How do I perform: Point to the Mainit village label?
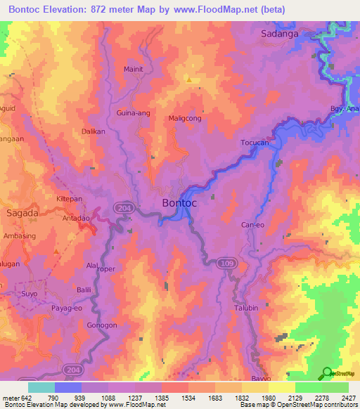coord(134,69)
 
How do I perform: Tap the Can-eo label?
coord(252,225)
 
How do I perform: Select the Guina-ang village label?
coord(131,112)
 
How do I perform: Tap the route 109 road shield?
coord(224,262)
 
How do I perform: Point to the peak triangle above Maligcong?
coord(188,80)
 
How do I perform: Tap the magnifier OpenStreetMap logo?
coord(327,374)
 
